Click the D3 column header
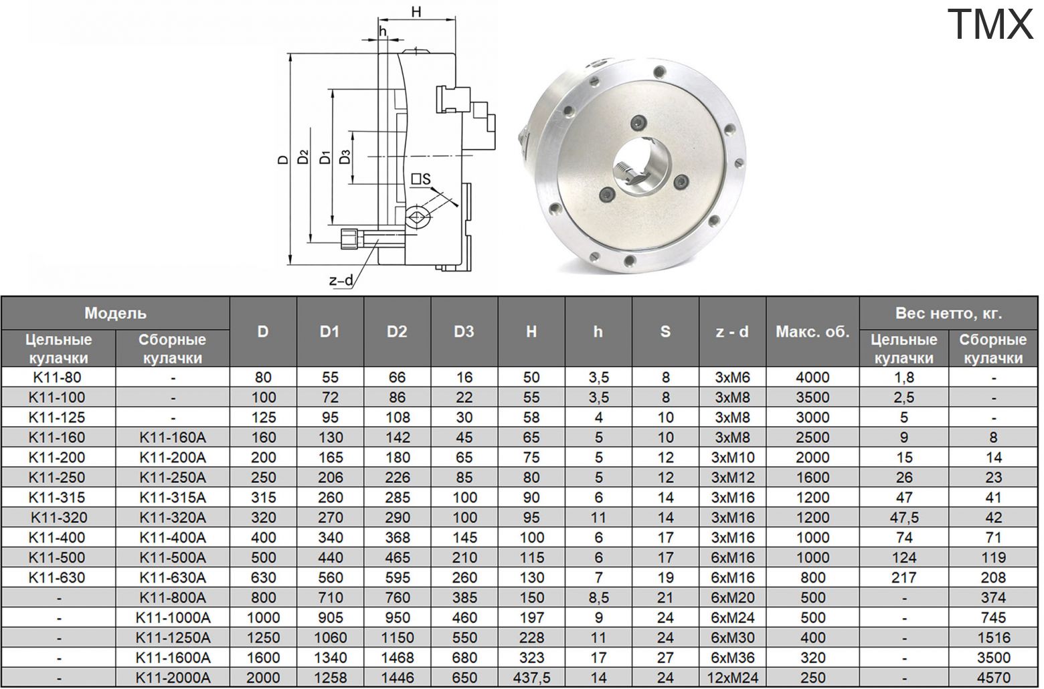click(464, 331)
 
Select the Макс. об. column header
click(812, 332)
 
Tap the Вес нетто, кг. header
click(948, 313)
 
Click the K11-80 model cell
click(58, 377)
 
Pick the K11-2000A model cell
click(173, 678)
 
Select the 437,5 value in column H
click(531, 678)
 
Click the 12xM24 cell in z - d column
click(732, 678)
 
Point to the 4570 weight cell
click(993, 678)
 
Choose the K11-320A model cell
click(173, 517)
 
